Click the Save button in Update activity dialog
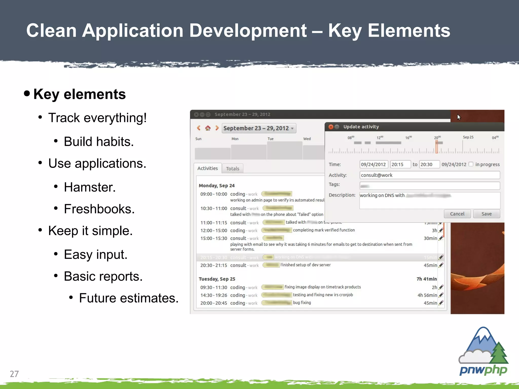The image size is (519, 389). pos(486,214)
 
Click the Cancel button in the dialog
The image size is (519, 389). pos(457,214)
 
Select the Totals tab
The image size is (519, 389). pos(232,169)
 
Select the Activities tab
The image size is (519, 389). pos(208,168)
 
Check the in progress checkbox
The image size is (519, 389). pos(471,164)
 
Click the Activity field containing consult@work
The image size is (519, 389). pos(429,175)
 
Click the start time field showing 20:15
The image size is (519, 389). pos(400,164)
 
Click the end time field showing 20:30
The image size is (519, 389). pos(429,164)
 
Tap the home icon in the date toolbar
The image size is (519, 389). pos(208,128)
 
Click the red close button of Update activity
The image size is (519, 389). pos(331,127)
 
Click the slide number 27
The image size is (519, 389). pos(14,374)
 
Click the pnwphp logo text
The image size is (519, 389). pos(483,370)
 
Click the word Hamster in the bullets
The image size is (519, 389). pos(89,187)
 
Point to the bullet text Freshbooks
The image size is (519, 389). pos(99,209)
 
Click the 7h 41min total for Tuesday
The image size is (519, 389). pos(427,279)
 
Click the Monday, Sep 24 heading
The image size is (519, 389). pos(217,186)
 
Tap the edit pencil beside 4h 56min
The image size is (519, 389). pos(441,295)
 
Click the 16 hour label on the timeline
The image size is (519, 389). pos(408,138)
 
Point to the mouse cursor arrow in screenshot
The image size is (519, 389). pos(459,117)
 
